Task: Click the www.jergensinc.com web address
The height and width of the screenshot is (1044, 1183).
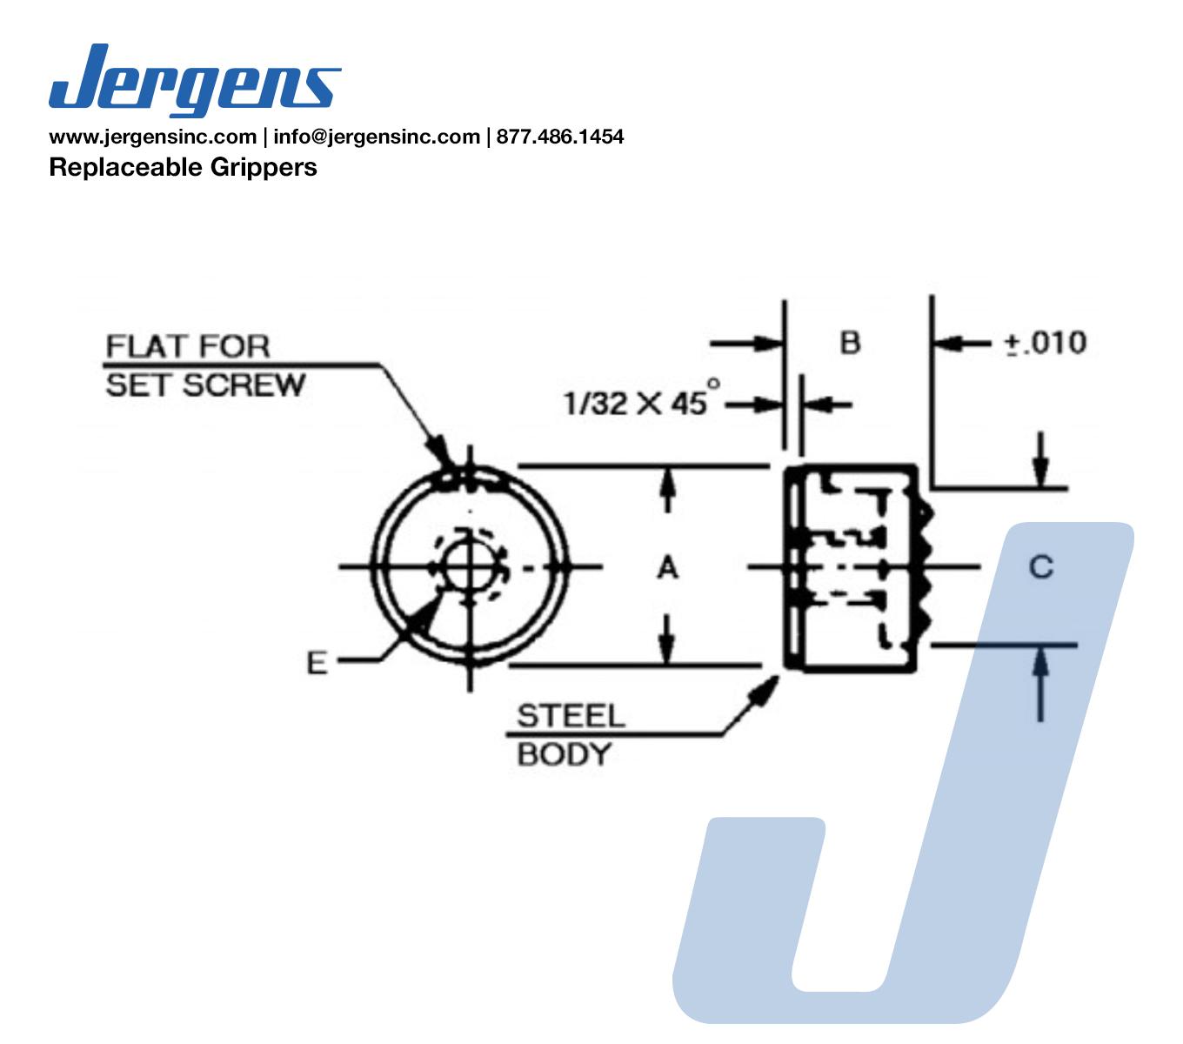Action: pyautogui.click(x=152, y=137)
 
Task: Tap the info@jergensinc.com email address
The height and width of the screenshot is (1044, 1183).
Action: pyautogui.click(x=377, y=137)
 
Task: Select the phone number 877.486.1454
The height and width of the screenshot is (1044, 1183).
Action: pyautogui.click(x=560, y=137)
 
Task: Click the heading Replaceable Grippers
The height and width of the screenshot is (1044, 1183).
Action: pyautogui.click(x=183, y=167)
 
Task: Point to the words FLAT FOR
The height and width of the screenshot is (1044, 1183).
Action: pyautogui.click(x=188, y=346)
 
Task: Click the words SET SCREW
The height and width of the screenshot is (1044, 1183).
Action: pyautogui.click(x=205, y=385)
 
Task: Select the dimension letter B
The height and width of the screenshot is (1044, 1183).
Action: pyautogui.click(x=850, y=343)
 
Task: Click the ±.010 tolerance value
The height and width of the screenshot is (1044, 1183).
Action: pyautogui.click(x=1046, y=343)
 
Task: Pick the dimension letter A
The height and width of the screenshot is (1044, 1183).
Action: pyautogui.click(x=666, y=568)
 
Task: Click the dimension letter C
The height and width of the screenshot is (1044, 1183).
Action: pyautogui.click(x=1041, y=567)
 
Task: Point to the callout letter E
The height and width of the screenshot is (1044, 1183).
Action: pyautogui.click(x=317, y=663)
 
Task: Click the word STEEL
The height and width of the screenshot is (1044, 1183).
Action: pyautogui.click(x=571, y=716)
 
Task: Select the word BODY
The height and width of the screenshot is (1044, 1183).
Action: pyautogui.click(x=564, y=754)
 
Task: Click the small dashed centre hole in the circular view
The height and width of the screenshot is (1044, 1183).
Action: pyautogui.click(x=470, y=567)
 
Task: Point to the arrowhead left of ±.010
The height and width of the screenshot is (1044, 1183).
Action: pyautogui.click(x=945, y=343)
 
